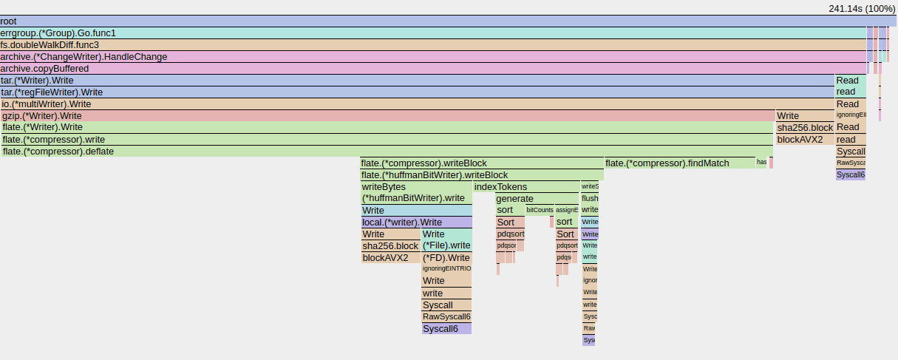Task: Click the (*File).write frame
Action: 446,245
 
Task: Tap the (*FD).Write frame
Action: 446,258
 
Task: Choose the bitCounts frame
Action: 540,211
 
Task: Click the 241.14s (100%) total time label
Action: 862,8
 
